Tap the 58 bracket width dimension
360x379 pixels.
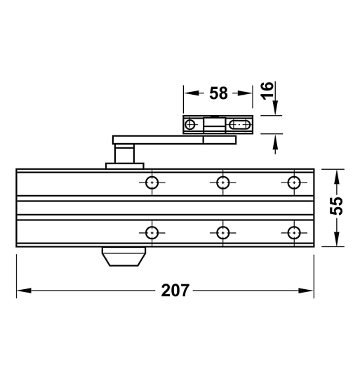click(x=218, y=93)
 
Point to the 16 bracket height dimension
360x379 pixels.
click(x=267, y=89)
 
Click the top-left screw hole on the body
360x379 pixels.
click(x=151, y=182)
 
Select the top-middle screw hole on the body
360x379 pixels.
click(x=222, y=182)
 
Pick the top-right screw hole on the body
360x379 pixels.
click(x=293, y=182)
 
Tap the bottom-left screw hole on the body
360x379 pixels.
click(x=151, y=232)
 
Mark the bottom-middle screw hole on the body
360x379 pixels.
click(x=222, y=232)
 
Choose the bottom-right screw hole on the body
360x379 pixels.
click(x=293, y=232)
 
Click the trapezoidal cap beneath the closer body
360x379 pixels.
click(x=124, y=257)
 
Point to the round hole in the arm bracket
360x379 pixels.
click(x=189, y=125)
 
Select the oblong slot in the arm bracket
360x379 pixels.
click(x=239, y=125)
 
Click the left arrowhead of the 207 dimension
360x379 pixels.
click(x=21, y=290)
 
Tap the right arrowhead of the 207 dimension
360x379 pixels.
click(x=308, y=290)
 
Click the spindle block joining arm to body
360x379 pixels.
click(x=124, y=154)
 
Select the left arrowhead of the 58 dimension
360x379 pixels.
click(x=189, y=93)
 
